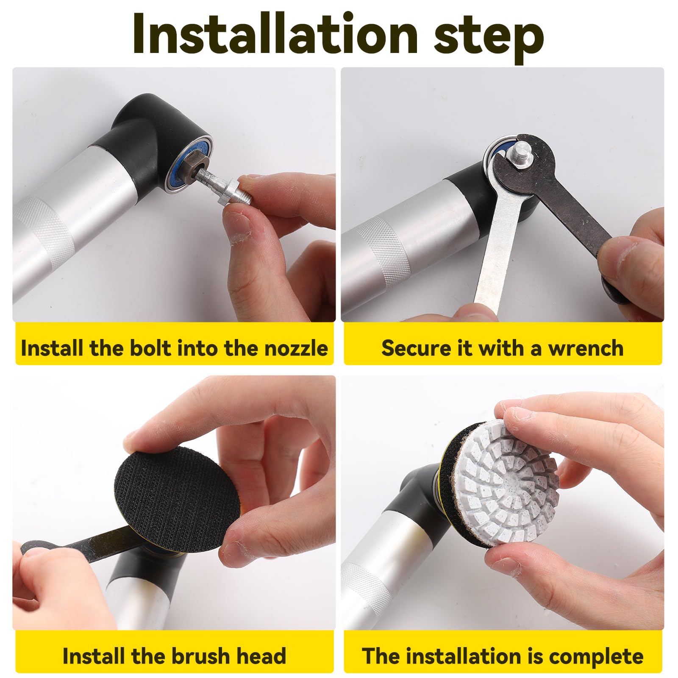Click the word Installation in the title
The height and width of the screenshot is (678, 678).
pyautogui.click(x=276, y=33)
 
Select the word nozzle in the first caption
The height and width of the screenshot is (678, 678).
pyautogui.click(x=296, y=349)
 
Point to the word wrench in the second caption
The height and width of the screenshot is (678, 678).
pyautogui.click(x=586, y=349)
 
